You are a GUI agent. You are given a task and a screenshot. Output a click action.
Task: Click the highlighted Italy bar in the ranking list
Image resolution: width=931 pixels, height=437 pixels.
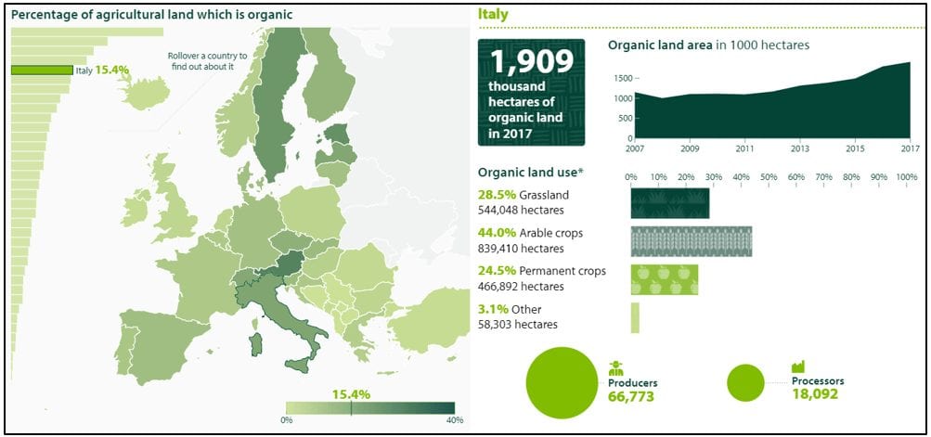pos(42,70)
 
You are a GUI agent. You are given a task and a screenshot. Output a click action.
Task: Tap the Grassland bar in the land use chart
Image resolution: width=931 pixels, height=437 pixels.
pos(670,203)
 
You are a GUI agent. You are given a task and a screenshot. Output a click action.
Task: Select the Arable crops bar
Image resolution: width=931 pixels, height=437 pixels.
pos(691,241)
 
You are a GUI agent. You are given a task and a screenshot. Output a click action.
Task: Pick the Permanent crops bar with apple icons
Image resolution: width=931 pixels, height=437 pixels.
pos(665,278)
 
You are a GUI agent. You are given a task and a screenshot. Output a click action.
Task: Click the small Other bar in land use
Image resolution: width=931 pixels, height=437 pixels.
pos(635,317)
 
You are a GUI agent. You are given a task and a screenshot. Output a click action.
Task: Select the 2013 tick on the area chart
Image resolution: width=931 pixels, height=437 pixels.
pos(800,148)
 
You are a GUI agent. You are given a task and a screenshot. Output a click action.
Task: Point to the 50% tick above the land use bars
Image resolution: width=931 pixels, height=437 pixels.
pos(769,177)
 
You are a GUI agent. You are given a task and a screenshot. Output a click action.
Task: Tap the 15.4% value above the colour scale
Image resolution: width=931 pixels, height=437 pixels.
pos(352,394)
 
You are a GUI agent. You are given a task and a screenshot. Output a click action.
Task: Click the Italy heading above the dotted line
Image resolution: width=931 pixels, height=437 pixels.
pos(492,15)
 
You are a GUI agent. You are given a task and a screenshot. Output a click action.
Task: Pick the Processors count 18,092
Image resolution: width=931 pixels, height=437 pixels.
pos(814,393)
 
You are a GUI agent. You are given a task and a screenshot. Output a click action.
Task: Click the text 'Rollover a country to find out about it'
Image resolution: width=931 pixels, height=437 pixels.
pos(207,61)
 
